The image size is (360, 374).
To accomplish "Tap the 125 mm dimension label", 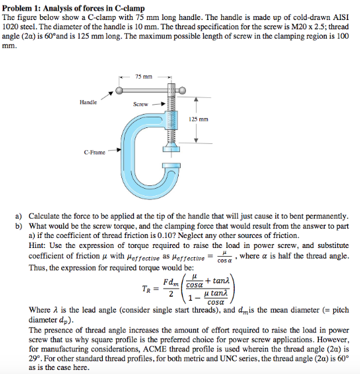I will [x=199, y=119].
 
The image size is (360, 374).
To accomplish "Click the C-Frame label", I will [x=94, y=152].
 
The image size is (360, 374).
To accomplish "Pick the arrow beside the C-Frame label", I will [x=115, y=151].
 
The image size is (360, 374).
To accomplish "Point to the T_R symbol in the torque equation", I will [x=145, y=289].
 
